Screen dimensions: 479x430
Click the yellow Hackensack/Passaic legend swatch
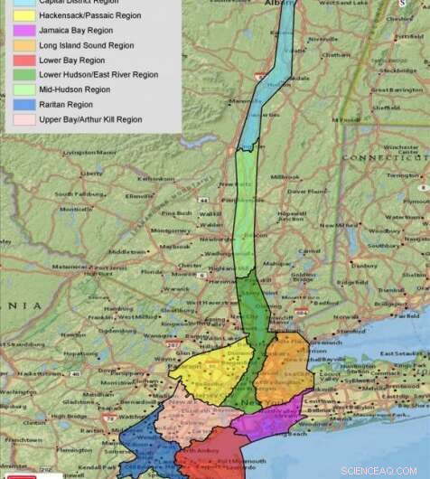pyautogui.click(x=17, y=15)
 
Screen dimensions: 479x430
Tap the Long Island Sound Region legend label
pyautogui.click(x=87, y=45)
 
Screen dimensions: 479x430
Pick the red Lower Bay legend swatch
pyautogui.click(x=17, y=60)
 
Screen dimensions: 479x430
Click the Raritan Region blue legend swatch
pyautogui.click(x=17, y=105)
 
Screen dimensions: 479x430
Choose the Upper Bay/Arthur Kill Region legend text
pyautogui.click(x=90, y=119)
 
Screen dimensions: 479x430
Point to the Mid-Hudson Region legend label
pyautogui.click(x=75, y=89)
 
